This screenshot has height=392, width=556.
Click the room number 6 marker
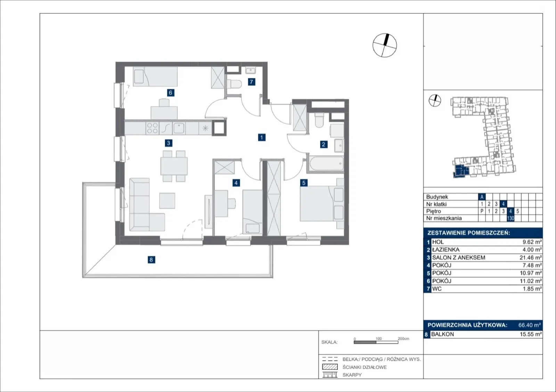[170, 93]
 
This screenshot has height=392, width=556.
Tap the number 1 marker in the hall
[262, 137]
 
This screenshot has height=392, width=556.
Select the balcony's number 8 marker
[151, 260]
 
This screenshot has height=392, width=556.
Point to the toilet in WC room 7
[234, 84]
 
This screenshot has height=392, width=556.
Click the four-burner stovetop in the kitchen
[152, 128]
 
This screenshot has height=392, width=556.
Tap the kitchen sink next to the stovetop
[179, 128]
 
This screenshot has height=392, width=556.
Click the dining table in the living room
[174, 166]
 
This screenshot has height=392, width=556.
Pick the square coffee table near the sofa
[167, 201]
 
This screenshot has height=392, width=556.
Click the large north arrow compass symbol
[384, 45]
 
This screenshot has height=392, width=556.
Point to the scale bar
[376, 342]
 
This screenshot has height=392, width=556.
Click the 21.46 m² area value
[530, 258]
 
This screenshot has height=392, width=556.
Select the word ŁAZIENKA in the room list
[446, 250]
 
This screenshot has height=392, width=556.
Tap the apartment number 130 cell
[510, 218]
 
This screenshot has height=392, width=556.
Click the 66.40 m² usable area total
[530, 325]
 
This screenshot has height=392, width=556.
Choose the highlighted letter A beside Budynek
[482, 197]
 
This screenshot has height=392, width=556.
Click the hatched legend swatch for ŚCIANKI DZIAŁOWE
[330, 367]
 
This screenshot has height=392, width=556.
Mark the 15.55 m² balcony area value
[531, 334]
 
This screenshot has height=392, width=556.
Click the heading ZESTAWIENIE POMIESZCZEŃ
[469, 233]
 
